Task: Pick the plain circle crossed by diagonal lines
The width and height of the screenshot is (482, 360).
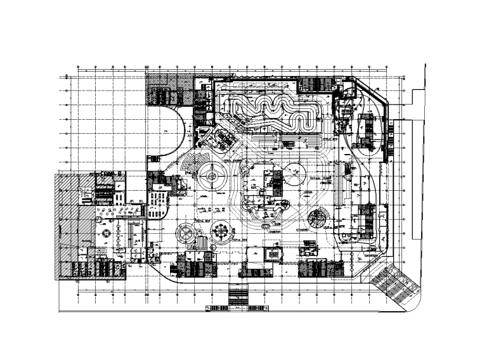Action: (296, 172)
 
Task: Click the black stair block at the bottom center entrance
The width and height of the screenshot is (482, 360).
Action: (238, 295)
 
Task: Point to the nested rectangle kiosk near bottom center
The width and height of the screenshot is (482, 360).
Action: (273, 253)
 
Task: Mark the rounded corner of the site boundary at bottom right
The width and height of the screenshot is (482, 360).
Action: (412, 305)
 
